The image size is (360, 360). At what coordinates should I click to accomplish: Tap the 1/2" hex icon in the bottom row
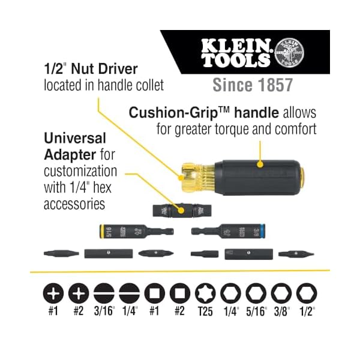(306, 293)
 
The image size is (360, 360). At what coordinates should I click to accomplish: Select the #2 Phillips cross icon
(77, 293)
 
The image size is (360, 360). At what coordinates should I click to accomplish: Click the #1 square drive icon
(154, 293)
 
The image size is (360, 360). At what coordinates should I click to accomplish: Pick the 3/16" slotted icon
(103, 293)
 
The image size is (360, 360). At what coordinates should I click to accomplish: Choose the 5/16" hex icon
(256, 293)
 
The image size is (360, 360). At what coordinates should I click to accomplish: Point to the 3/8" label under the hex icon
(281, 313)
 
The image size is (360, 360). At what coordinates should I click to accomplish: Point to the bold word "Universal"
(75, 138)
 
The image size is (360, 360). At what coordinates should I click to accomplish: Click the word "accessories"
(74, 204)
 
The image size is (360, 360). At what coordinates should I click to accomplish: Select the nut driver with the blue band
(222, 231)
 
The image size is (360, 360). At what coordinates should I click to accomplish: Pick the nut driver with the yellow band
(124, 231)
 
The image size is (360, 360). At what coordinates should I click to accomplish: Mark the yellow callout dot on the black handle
(260, 163)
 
